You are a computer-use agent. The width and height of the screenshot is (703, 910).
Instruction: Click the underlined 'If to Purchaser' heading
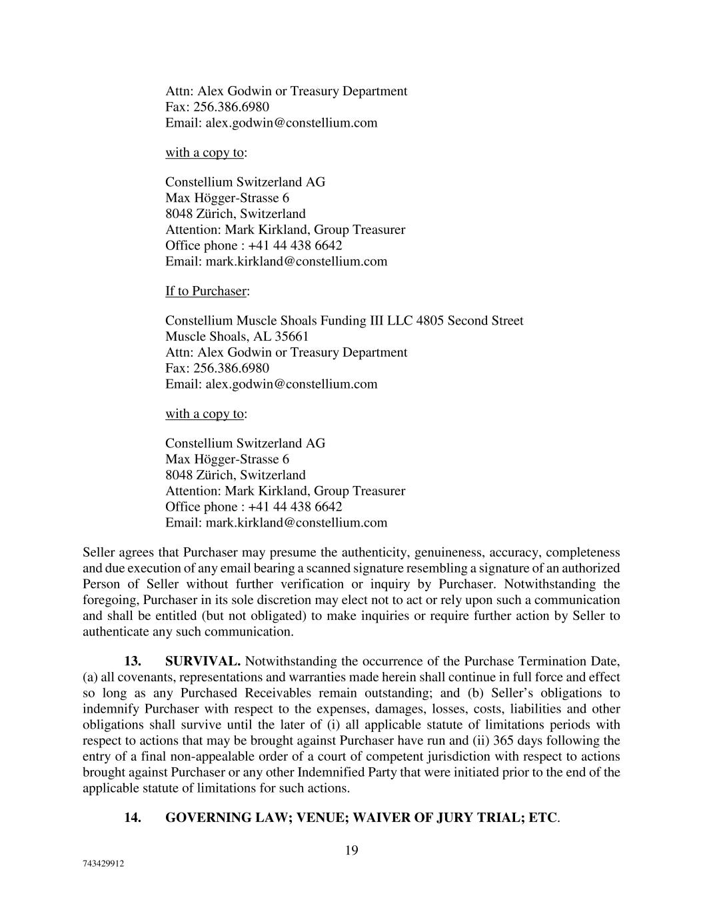point(206,291)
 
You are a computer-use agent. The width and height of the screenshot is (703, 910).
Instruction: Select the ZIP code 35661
point(292,337)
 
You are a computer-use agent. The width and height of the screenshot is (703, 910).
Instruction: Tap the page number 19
point(352,850)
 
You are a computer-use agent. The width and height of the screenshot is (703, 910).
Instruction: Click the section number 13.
point(133,661)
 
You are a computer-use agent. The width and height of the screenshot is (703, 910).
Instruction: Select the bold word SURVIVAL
point(203,661)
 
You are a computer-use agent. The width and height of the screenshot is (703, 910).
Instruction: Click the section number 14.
point(133,818)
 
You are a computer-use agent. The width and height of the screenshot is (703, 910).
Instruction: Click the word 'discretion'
point(288,600)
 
